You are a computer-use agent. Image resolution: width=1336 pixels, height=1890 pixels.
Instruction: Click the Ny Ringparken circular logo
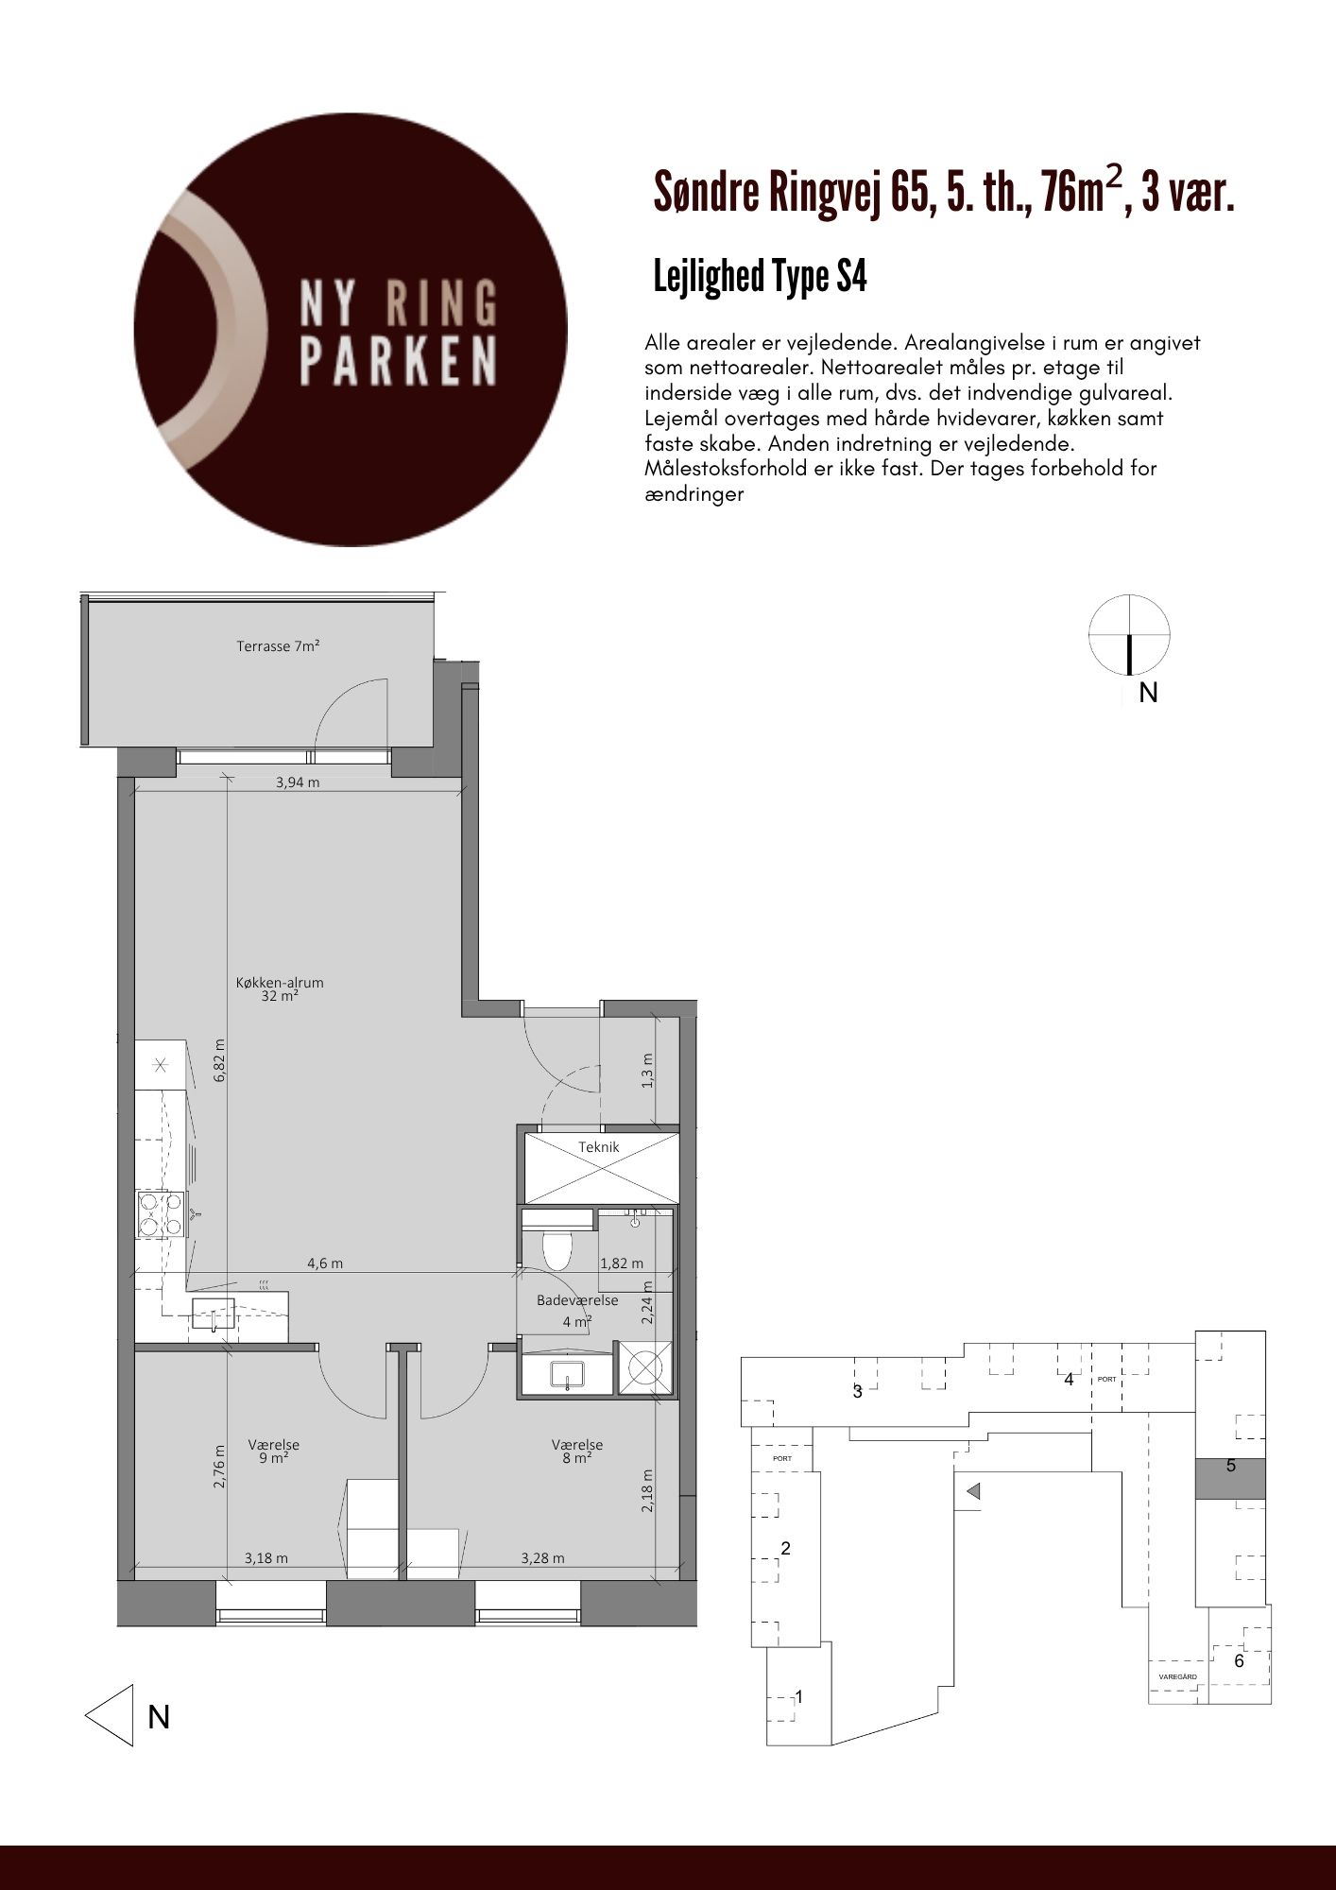point(351,330)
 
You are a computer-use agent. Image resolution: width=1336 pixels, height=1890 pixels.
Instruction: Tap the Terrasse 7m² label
point(278,647)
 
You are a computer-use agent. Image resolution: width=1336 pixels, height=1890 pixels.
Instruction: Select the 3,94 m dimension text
point(297,782)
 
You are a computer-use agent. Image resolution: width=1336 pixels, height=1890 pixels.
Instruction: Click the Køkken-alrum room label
point(280,988)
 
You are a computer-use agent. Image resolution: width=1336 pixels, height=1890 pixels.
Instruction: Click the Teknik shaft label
point(599,1147)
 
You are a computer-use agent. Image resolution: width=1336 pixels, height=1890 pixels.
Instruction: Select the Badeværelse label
point(577,1300)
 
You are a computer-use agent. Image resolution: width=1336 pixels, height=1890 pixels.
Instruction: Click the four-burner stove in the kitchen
point(161,1214)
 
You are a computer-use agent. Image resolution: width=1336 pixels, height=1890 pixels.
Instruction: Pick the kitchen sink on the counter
point(213,1314)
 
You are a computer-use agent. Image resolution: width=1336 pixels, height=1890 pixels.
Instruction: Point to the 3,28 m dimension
point(542,1558)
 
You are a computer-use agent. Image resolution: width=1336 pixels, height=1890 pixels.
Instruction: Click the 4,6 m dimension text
point(325,1263)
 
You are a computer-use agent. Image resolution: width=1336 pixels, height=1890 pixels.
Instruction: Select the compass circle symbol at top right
point(1129,635)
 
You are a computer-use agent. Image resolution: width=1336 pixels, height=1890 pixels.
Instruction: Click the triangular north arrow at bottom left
point(110,1714)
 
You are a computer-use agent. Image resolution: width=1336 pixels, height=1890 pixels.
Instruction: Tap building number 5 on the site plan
point(1231,1467)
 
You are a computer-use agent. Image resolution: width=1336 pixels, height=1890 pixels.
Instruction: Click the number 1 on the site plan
point(799,1697)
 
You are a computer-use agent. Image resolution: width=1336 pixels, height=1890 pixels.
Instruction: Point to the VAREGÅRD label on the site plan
point(1177,1676)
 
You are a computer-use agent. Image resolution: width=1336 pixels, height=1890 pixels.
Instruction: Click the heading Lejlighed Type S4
point(761,277)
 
